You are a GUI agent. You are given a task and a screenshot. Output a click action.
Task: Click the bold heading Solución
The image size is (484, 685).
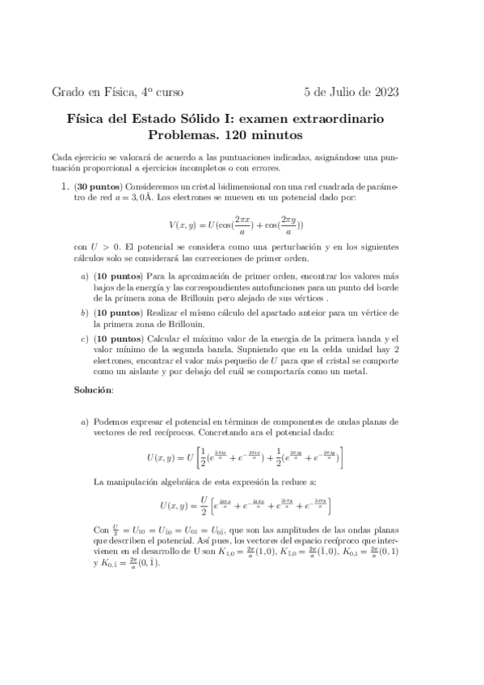click(x=94, y=389)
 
